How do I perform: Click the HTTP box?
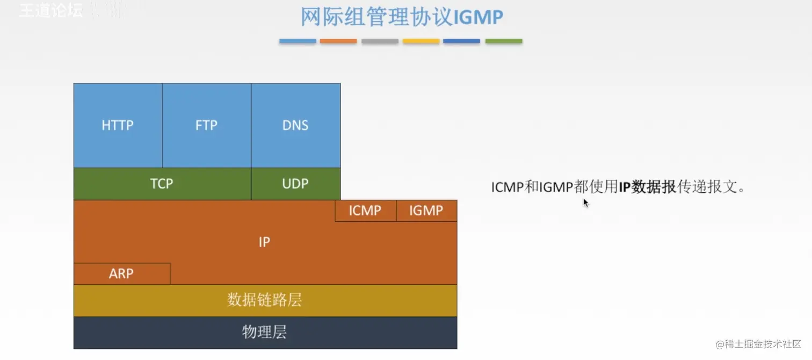point(118,125)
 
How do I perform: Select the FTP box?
point(206,125)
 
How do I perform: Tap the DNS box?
point(295,125)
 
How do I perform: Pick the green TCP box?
point(162,184)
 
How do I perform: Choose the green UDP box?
point(295,184)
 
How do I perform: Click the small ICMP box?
point(365,211)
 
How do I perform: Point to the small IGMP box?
point(426,211)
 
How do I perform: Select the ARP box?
point(121,273)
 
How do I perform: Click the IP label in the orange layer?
point(264,242)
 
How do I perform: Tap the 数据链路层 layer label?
point(265,300)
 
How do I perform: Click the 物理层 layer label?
point(265,332)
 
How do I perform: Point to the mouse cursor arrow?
point(585,203)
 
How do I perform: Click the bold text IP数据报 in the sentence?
point(647,187)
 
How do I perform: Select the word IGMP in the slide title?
point(479,17)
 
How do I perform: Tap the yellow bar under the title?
point(421,41)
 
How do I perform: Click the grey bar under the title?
point(380,41)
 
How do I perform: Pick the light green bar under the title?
point(504,41)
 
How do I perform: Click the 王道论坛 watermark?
point(51,11)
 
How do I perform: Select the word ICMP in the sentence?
point(507,187)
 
